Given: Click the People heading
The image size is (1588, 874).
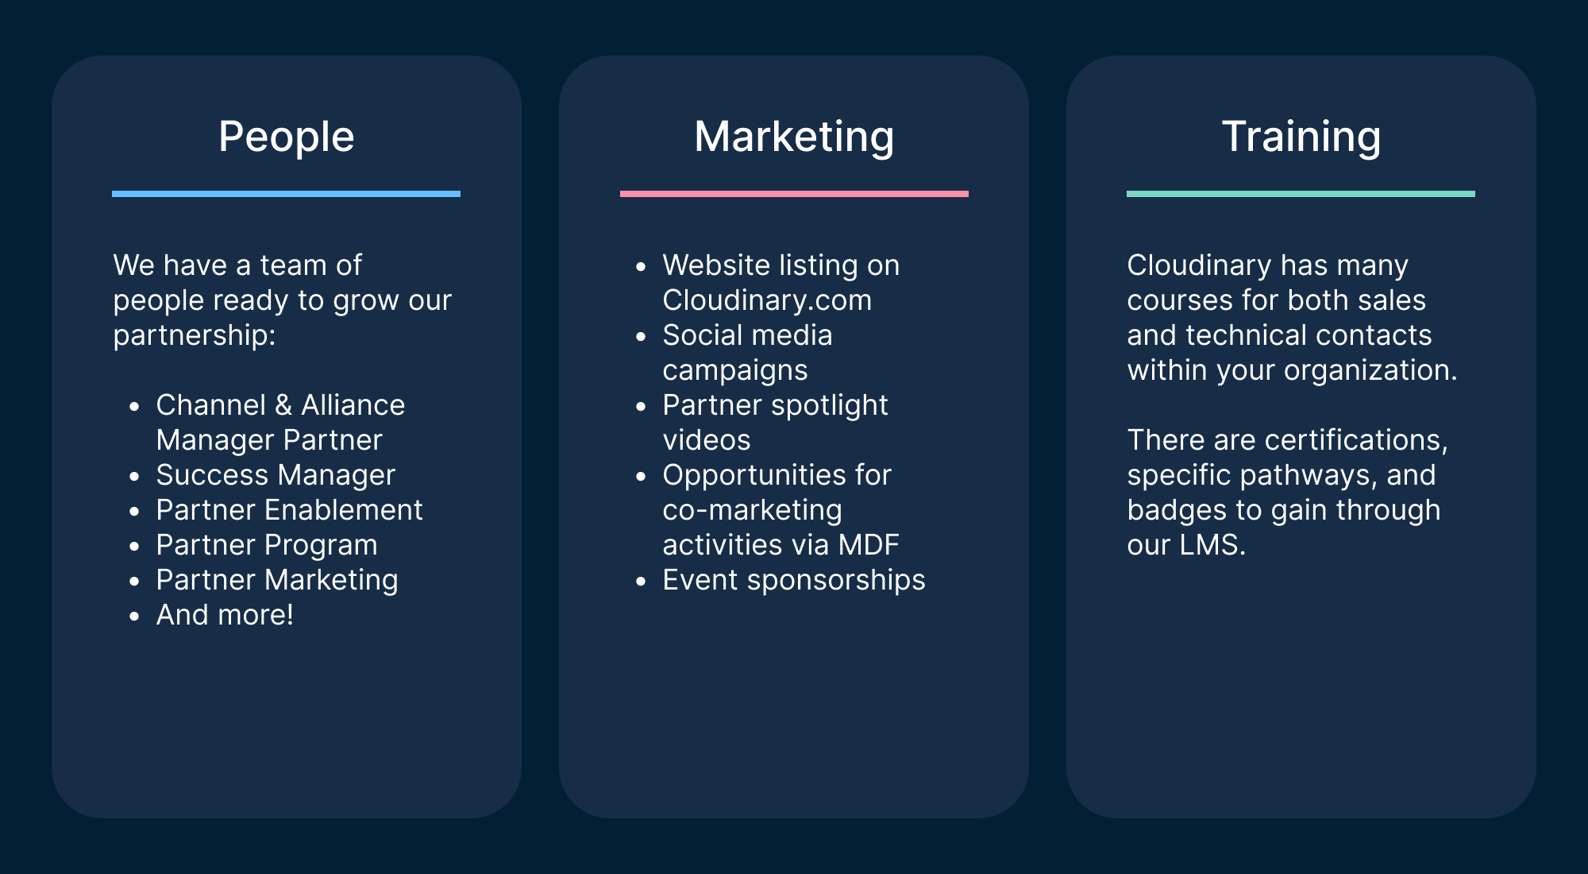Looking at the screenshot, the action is pyautogui.click(x=286, y=137).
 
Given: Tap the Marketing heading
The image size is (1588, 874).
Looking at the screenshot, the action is pyautogui.click(x=794, y=137).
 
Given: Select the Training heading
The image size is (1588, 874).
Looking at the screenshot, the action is pyautogui.click(x=1301, y=137).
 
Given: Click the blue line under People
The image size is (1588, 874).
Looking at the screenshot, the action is pyautogui.click(x=286, y=194).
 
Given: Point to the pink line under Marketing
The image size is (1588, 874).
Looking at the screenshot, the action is pyautogui.click(x=794, y=194).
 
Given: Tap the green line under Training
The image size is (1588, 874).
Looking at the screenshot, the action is pyautogui.click(x=1301, y=194).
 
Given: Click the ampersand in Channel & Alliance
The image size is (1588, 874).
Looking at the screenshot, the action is pyautogui.click(x=283, y=405).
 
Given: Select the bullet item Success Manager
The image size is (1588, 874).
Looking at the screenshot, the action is pyautogui.click(x=276, y=475).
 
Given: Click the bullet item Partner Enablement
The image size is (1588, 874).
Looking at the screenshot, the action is pyautogui.click(x=289, y=510).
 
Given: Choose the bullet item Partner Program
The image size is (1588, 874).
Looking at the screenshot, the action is pyautogui.click(x=267, y=546).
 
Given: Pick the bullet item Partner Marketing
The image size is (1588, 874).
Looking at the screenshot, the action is pyautogui.click(x=277, y=581).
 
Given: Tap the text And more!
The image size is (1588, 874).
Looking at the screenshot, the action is pyautogui.click(x=225, y=615).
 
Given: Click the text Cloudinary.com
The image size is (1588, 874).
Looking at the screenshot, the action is pyautogui.click(x=767, y=300).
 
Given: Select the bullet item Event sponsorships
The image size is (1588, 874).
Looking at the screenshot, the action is pyautogui.click(x=794, y=581).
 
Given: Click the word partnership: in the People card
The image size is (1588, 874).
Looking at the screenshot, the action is pyautogui.click(x=195, y=336).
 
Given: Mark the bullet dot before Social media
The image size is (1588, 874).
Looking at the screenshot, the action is pyautogui.click(x=642, y=336).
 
